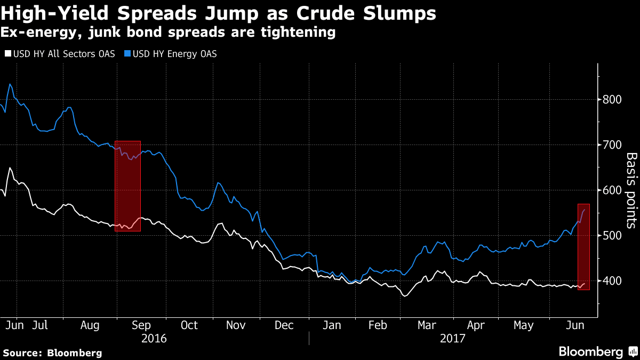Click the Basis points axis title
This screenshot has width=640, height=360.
(x=631, y=190)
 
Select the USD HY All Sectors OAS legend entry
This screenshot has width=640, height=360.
(x=60, y=54)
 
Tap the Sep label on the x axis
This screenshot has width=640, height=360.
(x=141, y=325)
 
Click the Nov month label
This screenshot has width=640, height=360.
(x=236, y=325)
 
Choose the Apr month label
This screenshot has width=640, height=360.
(x=476, y=325)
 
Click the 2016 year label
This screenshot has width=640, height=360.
(x=154, y=339)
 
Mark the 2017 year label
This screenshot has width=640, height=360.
(x=452, y=339)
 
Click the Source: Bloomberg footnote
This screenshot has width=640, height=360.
(x=52, y=353)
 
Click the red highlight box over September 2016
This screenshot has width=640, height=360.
(x=128, y=186)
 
